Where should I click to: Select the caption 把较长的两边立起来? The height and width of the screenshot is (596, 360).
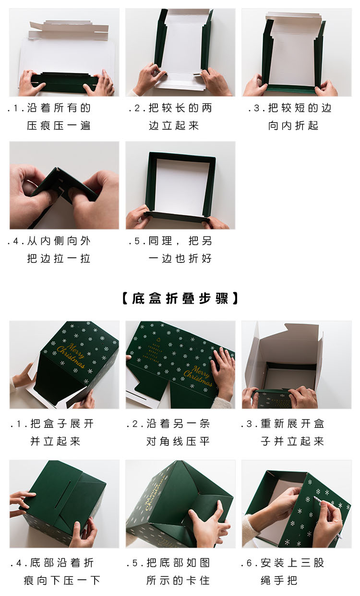pos(173,117)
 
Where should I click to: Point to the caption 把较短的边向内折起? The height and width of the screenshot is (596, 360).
pos(293,117)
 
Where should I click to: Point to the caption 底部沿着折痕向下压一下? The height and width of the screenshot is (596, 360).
pos(55,571)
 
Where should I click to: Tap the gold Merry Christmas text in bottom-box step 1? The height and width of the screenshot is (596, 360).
pos(71,355)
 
